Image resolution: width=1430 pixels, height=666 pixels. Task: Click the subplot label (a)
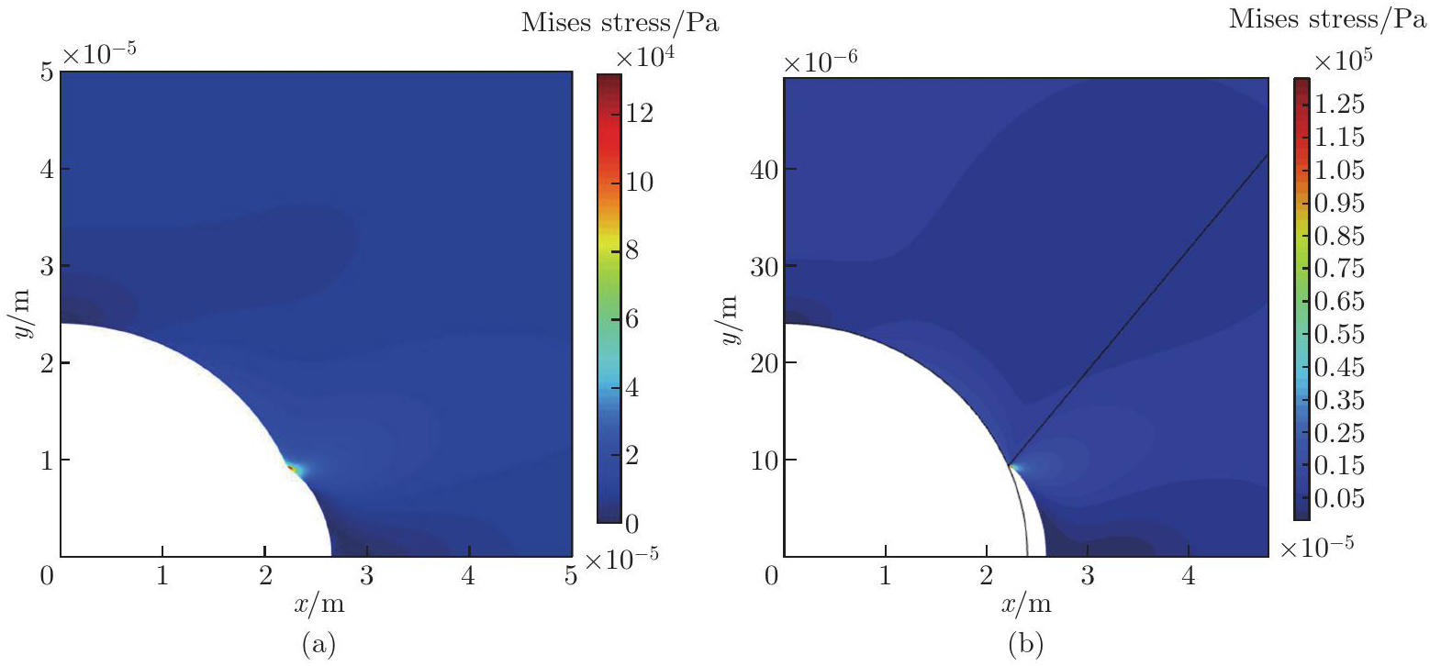click(x=316, y=645)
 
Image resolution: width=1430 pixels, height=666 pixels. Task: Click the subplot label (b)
click(x=1024, y=645)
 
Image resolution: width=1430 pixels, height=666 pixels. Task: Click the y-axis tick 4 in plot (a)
click(x=44, y=170)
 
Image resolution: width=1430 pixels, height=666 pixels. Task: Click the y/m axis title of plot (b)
click(x=732, y=316)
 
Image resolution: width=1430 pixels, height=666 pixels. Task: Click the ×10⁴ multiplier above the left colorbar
click(x=646, y=58)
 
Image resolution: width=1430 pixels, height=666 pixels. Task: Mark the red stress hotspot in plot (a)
click(x=291, y=468)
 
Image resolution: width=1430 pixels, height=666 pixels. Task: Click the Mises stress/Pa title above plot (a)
click(x=620, y=25)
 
